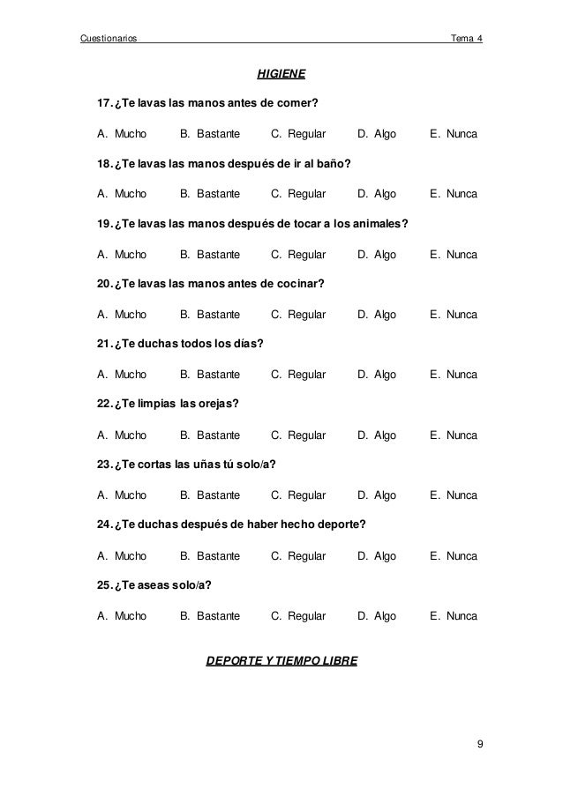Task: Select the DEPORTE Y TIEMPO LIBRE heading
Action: (281, 659)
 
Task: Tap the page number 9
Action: (479, 746)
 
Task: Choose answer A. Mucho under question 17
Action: (122, 134)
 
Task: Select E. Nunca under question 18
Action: (453, 194)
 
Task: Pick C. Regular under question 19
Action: (298, 255)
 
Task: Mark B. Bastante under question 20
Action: (210, 315)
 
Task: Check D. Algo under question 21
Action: (377, 375)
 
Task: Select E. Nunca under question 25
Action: (453, 616)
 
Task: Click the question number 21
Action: (104, 345)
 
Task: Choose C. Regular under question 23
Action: (298, 495)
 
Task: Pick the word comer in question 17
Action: (297, 104)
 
